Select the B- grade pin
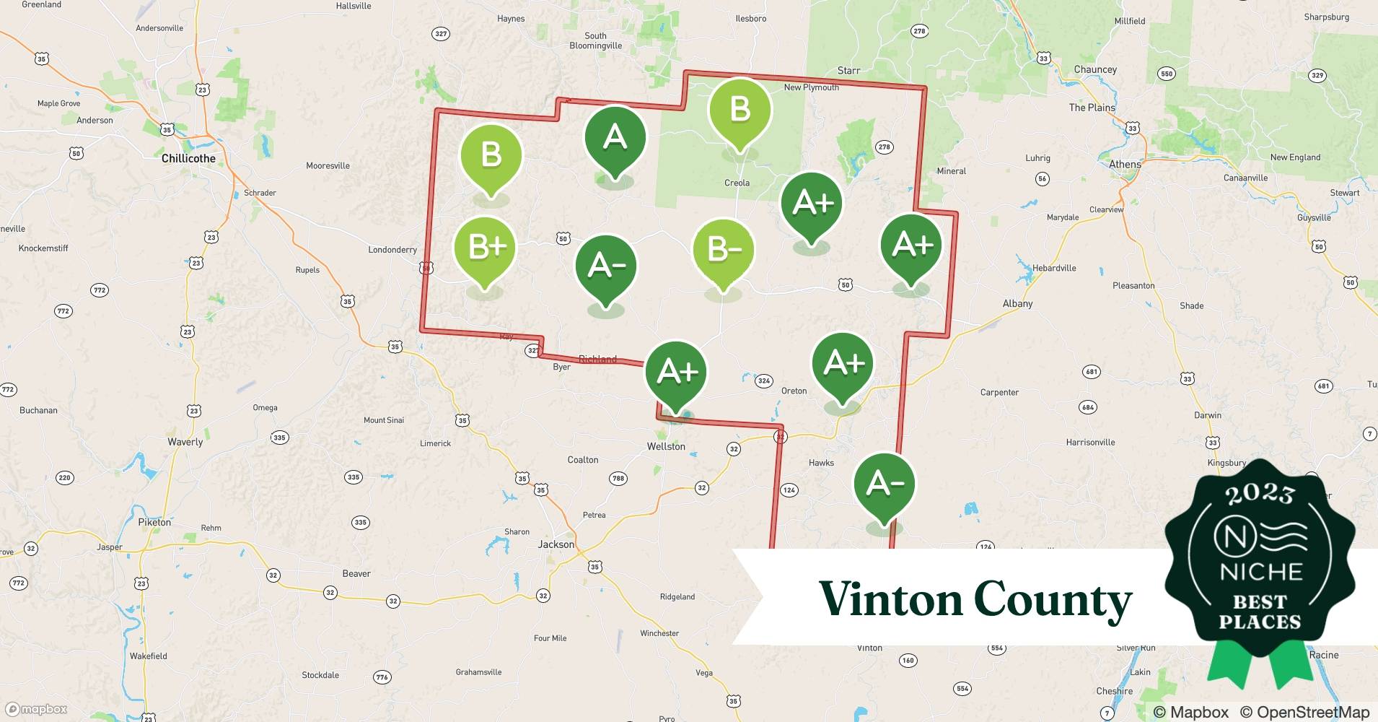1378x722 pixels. pos(724,251)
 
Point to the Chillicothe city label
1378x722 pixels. pos(188,158)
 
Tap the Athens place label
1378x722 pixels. pos(1125,164)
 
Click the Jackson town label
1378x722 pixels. pos(556,544)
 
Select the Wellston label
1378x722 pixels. pos(666,446)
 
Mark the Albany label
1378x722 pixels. pos(1017,303)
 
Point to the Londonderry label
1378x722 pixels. pos(392,250)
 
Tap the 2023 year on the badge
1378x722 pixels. pos(1260,494)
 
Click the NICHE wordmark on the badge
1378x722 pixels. pos(1260,572)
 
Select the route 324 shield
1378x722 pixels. pos(763,380)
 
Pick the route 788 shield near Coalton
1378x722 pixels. pos(618,478)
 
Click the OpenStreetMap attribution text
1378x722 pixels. pos(1304,712)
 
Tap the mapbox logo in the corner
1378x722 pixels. pos(36,709)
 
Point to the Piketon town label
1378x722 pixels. pos(154,522)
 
